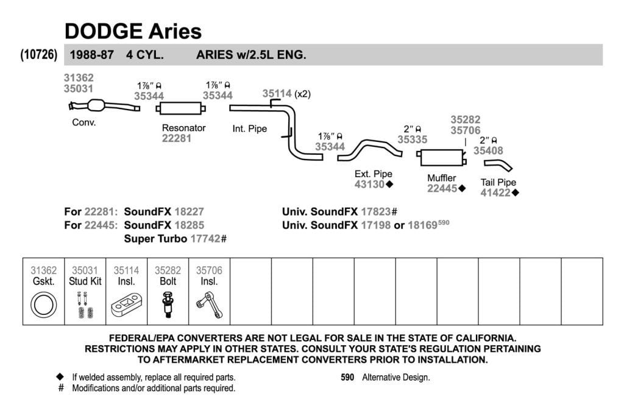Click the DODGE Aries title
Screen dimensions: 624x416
133,31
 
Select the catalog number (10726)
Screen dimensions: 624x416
38,54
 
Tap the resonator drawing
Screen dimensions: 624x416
180,108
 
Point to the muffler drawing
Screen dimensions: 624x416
441,158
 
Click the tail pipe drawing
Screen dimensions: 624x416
498,164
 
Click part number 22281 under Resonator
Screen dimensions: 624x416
176,138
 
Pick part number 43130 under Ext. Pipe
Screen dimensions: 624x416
369,184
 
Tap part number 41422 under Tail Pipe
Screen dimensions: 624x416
495,193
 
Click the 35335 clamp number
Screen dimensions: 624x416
413,139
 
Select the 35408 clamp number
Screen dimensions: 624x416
488,150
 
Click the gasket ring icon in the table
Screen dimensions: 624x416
43,305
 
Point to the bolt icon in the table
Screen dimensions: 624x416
168,305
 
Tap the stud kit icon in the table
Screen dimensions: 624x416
85,305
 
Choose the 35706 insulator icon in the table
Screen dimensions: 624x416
210,305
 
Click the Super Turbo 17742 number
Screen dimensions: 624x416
205,239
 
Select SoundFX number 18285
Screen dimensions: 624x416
189,225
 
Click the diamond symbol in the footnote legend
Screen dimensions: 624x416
60,376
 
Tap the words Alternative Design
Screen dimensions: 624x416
396,378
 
